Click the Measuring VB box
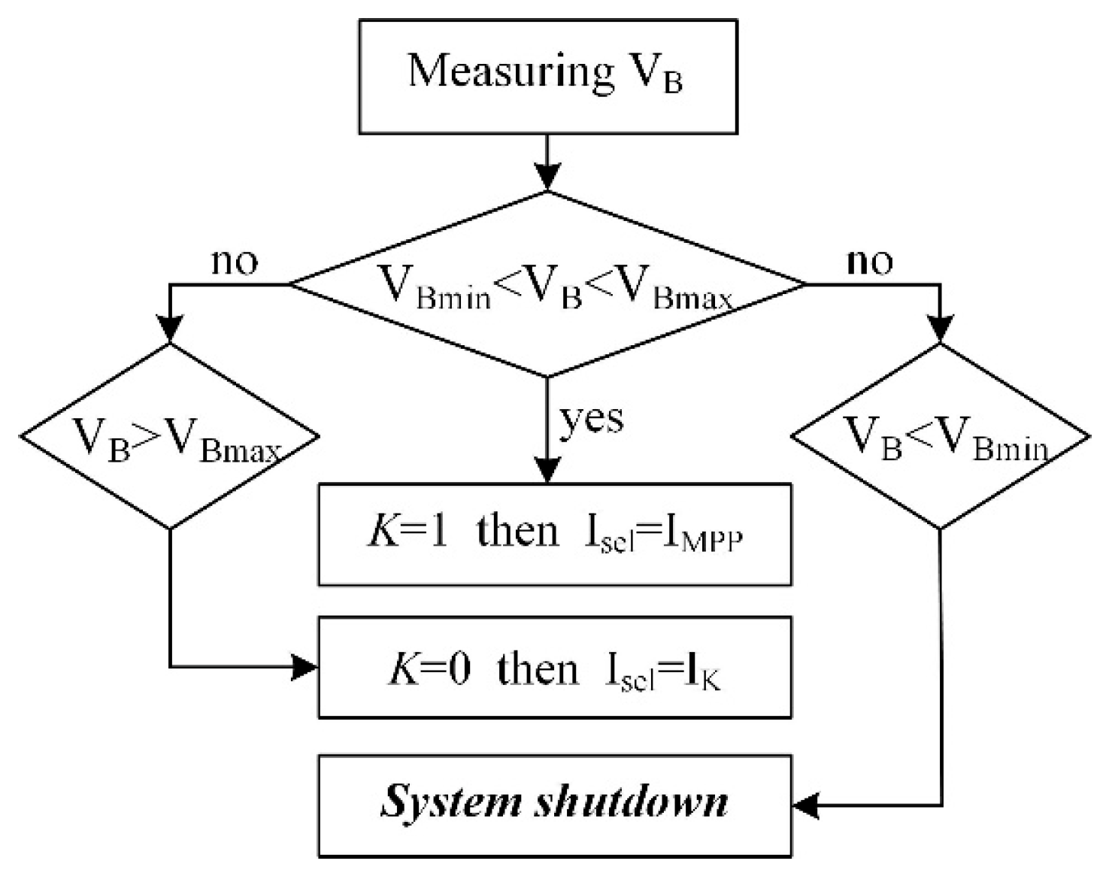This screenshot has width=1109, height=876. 547,77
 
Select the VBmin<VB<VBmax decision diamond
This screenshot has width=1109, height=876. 547,284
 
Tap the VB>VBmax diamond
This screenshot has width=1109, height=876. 170,436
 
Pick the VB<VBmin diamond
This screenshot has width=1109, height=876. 940,436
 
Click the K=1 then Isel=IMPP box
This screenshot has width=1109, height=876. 555,534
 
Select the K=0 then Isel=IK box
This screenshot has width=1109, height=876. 555,667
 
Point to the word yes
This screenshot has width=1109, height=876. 591,418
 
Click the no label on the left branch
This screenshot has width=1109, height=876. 235,262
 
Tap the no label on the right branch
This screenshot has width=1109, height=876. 870,262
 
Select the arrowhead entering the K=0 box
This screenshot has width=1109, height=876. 305,667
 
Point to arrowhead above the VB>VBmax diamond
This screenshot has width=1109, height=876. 170,329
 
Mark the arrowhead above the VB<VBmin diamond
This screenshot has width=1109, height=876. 940,329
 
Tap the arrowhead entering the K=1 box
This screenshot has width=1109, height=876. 547,470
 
